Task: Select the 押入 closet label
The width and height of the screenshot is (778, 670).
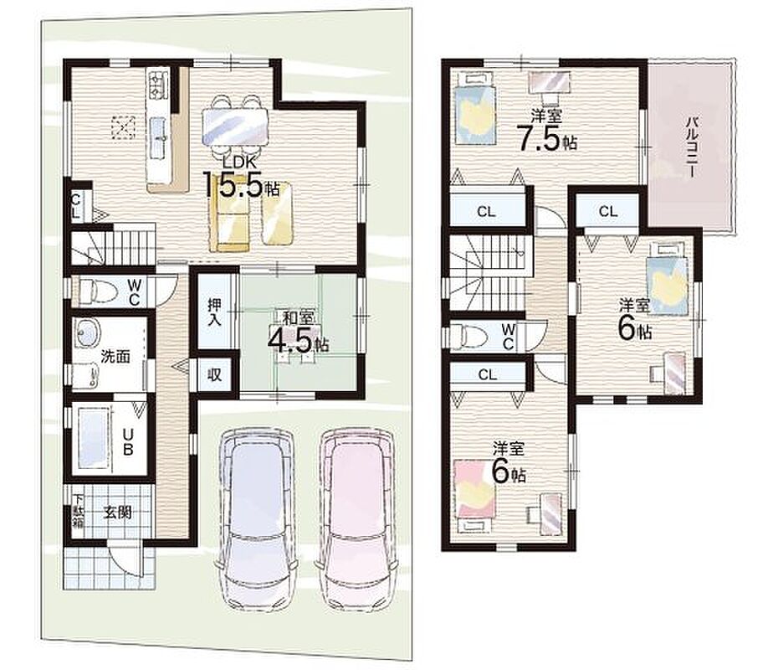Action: [x=214, y=312]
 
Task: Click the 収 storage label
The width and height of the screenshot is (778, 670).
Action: [x=214, y=375]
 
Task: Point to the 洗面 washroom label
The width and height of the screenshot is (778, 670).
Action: [x=115, y=357]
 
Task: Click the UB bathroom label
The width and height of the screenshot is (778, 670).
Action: [x=128, y=441]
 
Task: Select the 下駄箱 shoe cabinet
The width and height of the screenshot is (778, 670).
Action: [x=79, y=511]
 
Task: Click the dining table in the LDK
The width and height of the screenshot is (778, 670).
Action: [x=235, y=126]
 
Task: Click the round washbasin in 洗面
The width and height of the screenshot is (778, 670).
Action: [x=88, y=332]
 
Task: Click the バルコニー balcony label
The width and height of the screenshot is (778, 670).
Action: [x=691, y=147]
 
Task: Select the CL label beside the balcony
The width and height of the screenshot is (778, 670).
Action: [x=608, y=212]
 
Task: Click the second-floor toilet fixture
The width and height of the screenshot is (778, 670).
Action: [x=468, y=337]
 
